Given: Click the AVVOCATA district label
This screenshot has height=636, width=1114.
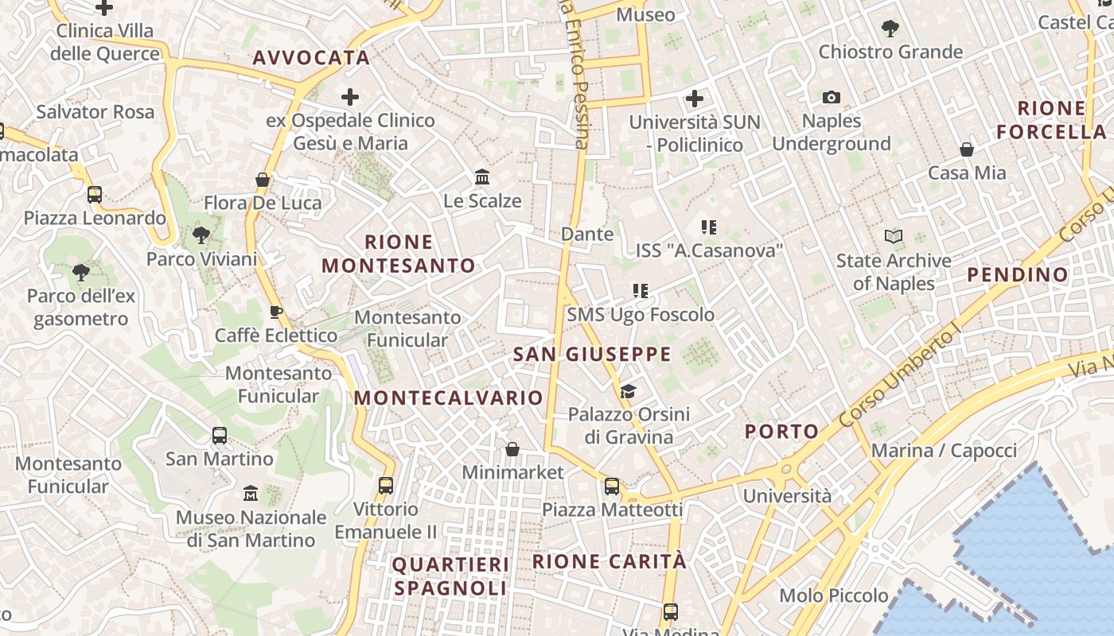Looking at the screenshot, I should click(x=312, y=57).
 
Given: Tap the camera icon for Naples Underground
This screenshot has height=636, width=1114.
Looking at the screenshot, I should click(x=832, y=97).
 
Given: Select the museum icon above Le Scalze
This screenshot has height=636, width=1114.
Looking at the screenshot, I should click(x=481, y=176).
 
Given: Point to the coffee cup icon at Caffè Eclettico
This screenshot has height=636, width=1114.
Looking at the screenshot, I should click(x=276, y=311).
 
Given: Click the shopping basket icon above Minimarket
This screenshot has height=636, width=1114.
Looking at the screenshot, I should click(x=512, y=449).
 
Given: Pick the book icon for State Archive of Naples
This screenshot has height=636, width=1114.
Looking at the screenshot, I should click(x=894, y=236).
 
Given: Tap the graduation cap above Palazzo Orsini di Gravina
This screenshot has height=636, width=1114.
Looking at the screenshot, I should click(x=628, y=391).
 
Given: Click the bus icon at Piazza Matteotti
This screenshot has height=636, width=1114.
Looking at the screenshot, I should click(x=611, y=487).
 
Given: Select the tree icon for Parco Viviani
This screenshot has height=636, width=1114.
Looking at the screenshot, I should click(x=201, y=235).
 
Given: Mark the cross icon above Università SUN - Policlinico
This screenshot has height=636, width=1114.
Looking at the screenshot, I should click(x=695, y=99).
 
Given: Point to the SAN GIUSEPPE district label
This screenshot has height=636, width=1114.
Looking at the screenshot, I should click(x=592, y=355).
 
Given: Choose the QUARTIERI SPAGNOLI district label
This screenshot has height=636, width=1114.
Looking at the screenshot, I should click(x=450, y=576).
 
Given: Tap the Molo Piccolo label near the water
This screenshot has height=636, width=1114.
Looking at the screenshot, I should click(x=834, y=595).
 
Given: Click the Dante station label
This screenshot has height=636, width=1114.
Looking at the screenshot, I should click(x=587, y=234).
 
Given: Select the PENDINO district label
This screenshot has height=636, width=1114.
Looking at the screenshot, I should click(x=1018, y=275).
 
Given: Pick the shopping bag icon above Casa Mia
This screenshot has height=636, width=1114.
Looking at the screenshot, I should click(x=966, y=149).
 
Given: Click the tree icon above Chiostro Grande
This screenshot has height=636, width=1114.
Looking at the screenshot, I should click(x=890, y=29).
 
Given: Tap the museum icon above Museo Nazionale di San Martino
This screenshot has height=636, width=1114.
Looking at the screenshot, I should click(x=251, y=493).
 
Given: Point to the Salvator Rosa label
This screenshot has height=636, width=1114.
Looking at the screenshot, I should click(x=95, y=111).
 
